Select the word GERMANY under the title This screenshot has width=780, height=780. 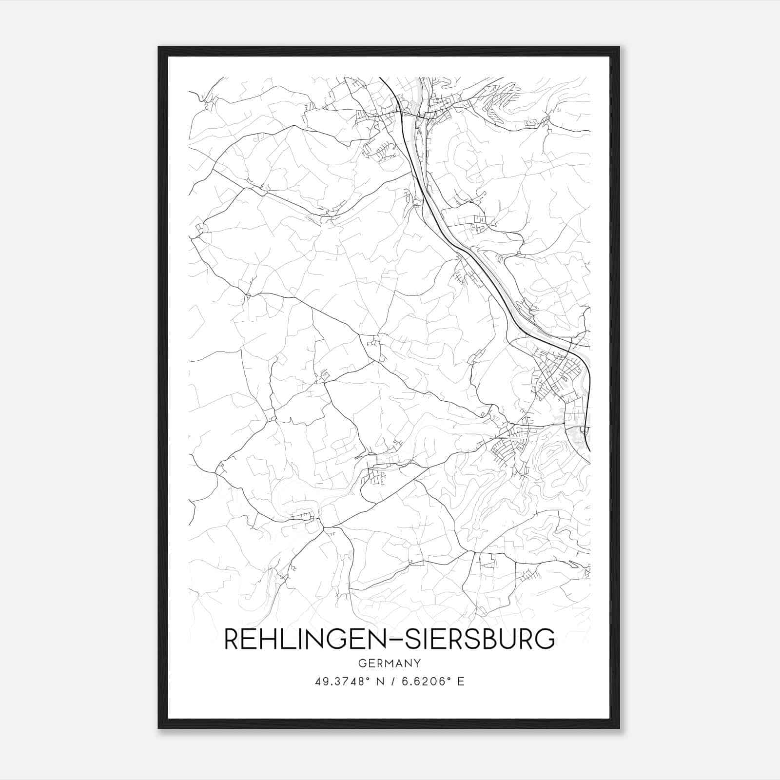tap(390, 663)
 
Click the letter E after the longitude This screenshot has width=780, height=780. tap(461, 682)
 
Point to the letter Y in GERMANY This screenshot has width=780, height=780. tap(417, 663)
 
